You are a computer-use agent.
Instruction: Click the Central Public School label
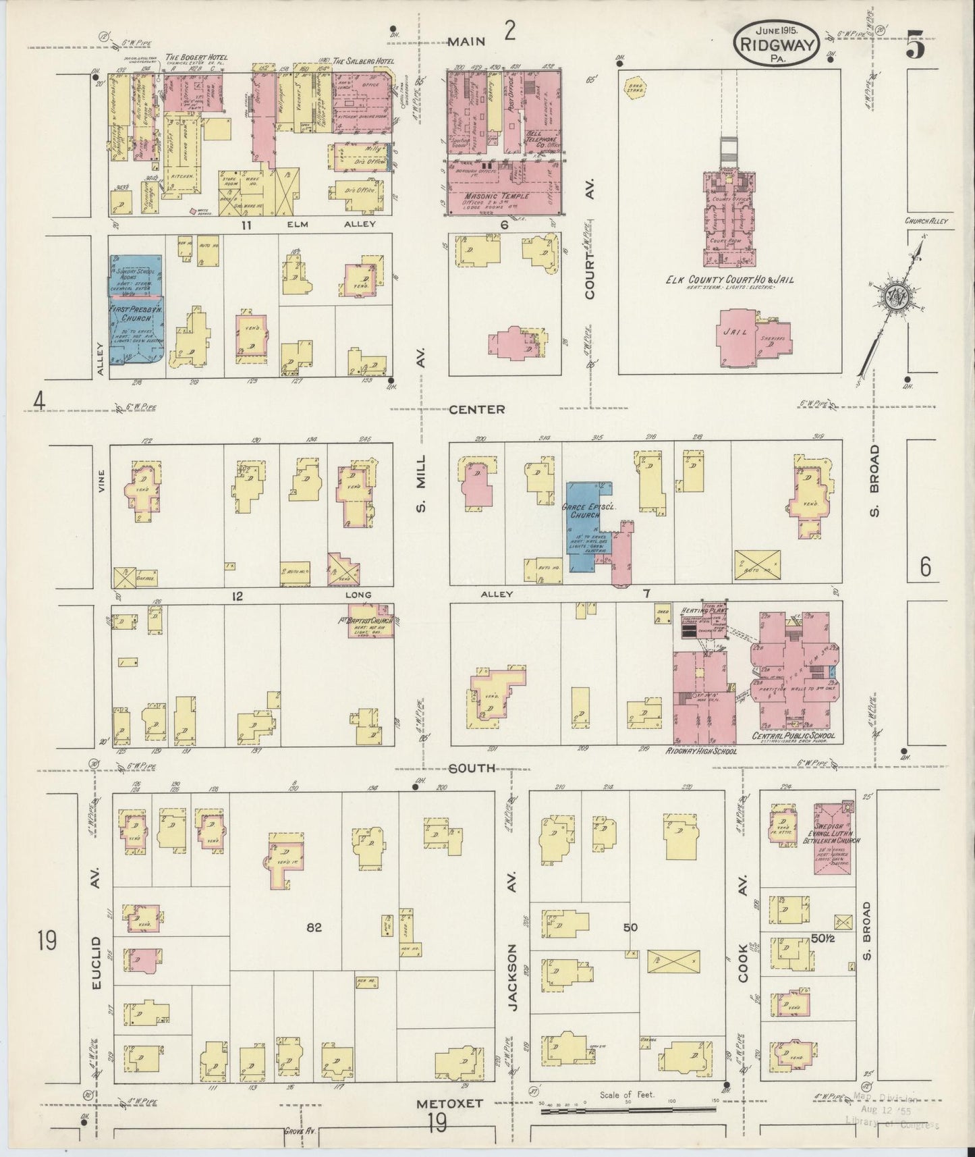point(793,735)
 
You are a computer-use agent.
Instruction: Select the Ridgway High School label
point(702,751)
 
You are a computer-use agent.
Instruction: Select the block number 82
point(314,928)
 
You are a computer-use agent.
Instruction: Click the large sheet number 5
point(916,46)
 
